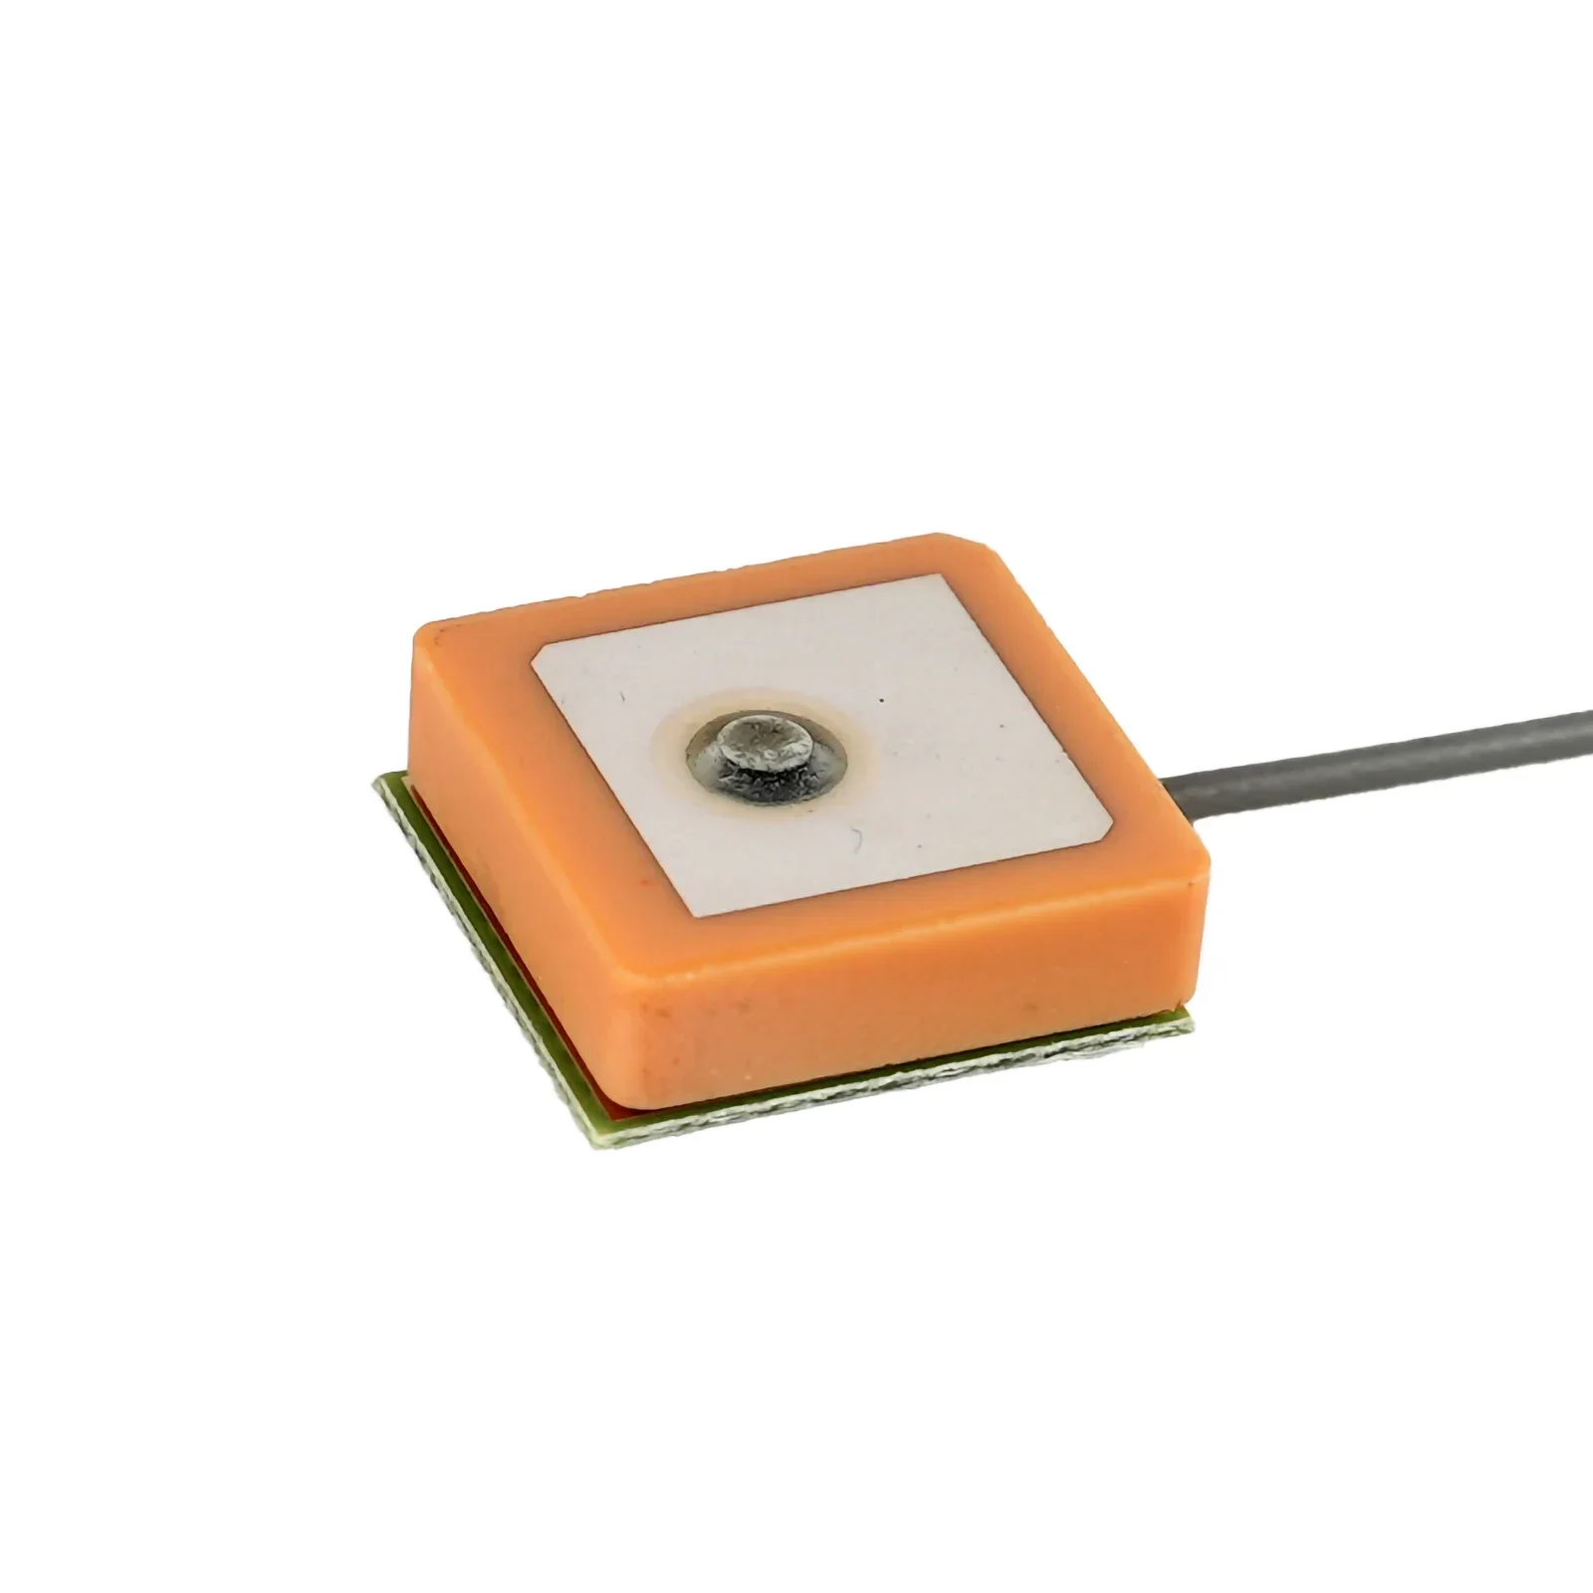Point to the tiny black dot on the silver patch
click(880, 701)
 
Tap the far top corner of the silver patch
click(942, 578)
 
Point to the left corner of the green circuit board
click(376, 787)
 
